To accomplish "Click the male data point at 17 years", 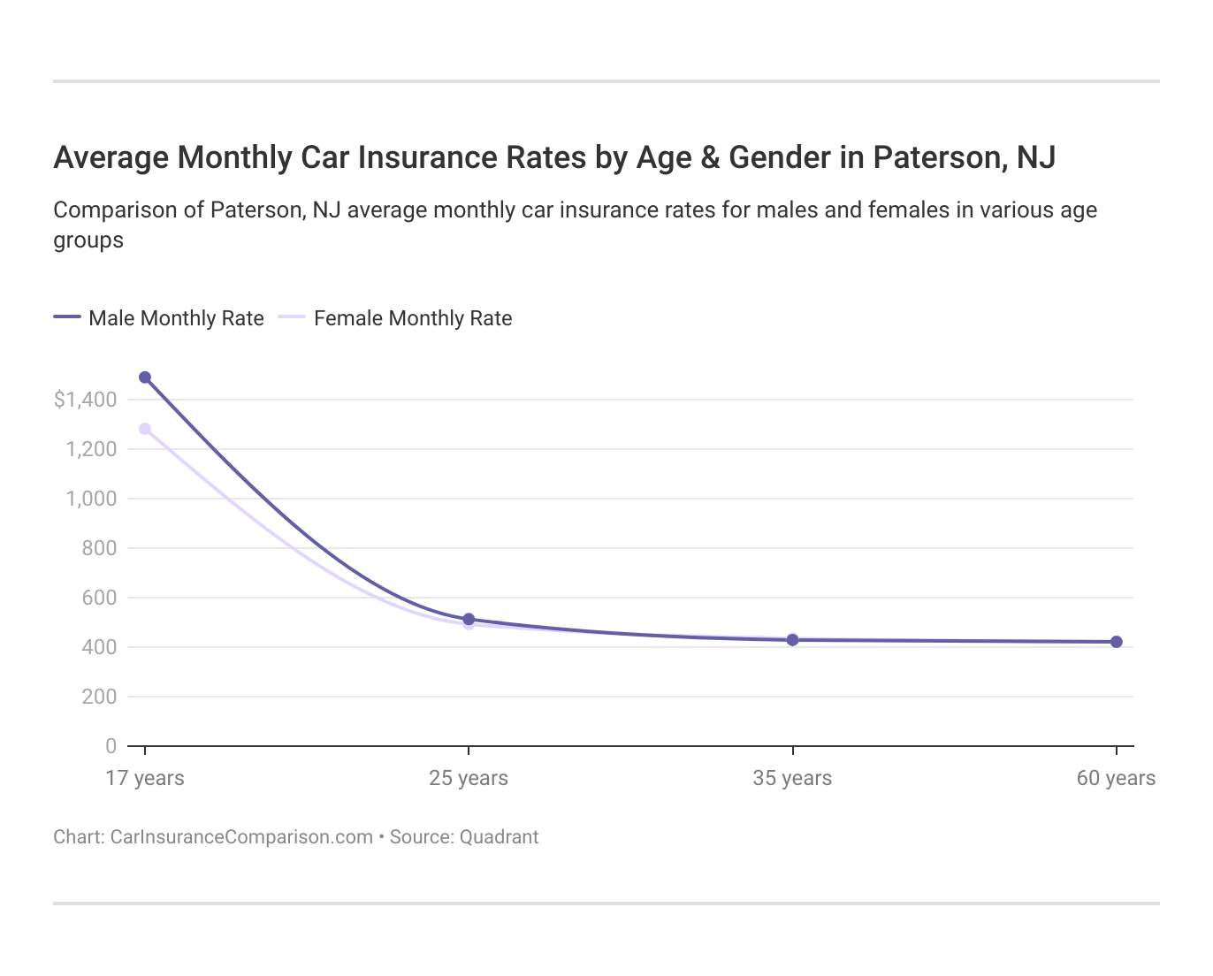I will tap(145, 377).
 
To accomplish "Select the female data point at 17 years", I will tap(145, 429).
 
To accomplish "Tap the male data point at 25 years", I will tap(469, 620).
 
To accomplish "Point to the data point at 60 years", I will tap(1116, 642).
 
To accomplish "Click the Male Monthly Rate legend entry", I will tap(159, 318).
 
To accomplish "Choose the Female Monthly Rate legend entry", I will tap(396, 318).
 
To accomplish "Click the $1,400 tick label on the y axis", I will tap(86, 400).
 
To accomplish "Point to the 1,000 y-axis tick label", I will tap(91, 499).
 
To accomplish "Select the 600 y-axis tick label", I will tap(100, 598).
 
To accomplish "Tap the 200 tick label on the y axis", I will tap(100, 697).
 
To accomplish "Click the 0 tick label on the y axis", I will tap(111, 746).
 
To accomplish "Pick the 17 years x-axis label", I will tap(145, 778).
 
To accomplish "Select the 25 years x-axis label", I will tap(469, 778).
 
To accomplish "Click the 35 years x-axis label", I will tap(792, 778).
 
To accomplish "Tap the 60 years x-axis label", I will tap(1116, 778).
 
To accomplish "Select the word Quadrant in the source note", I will tap(499, 837).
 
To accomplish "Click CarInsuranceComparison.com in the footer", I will tap(241, 837).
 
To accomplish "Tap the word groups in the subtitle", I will tap(88, 240).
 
